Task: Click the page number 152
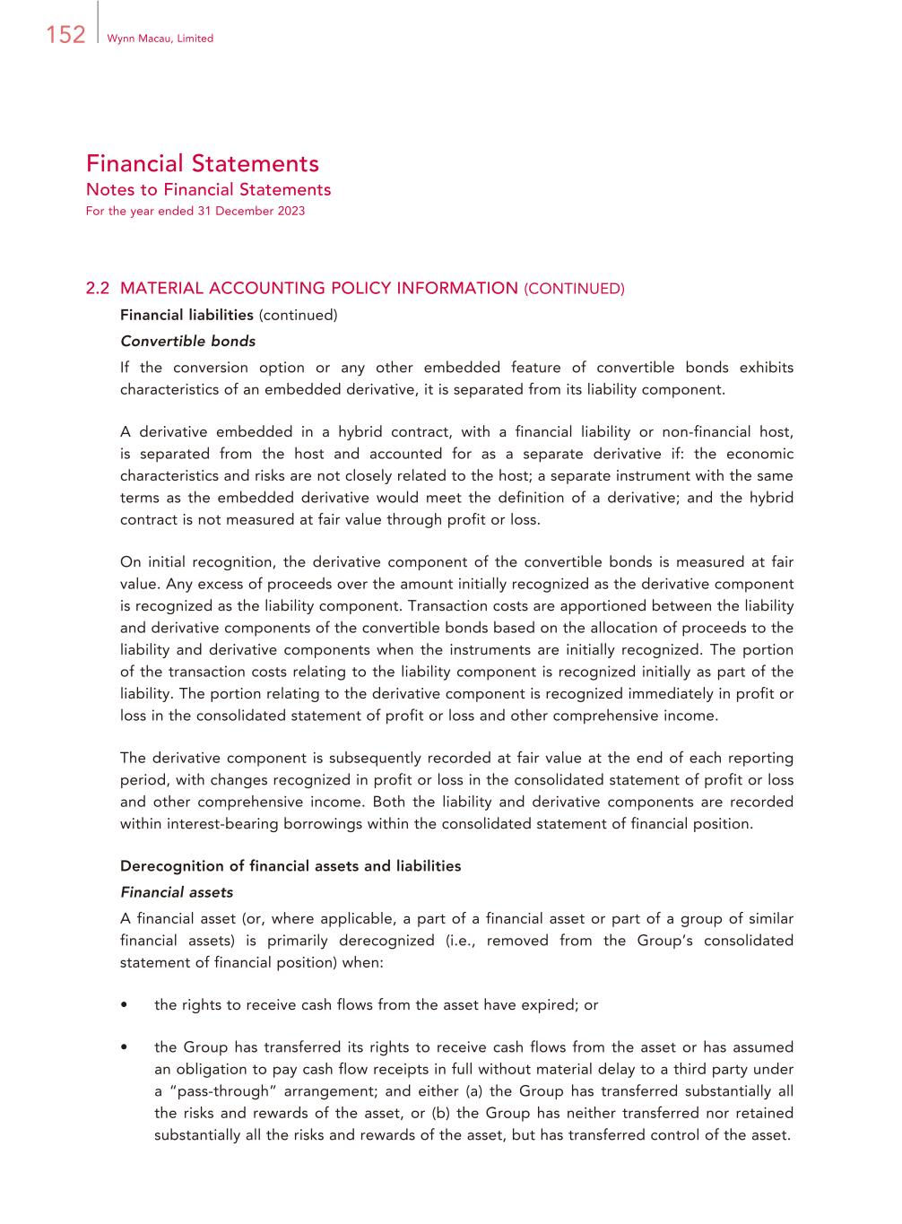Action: pos(65,35)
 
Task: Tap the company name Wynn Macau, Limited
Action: pos(160,39)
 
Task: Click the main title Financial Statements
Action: pos(203,163)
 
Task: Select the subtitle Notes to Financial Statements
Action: pos(208,189)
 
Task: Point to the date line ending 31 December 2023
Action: pos(195,211)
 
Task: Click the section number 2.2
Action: pos(97,289)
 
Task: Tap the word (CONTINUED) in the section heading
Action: pos(574,289)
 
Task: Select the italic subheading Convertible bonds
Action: pos(187,341)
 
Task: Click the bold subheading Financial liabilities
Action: pos(186,315)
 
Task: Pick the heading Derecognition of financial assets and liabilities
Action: pos(291,866)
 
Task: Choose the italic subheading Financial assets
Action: pos(177,892)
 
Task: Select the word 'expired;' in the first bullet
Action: pos(551,1005)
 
